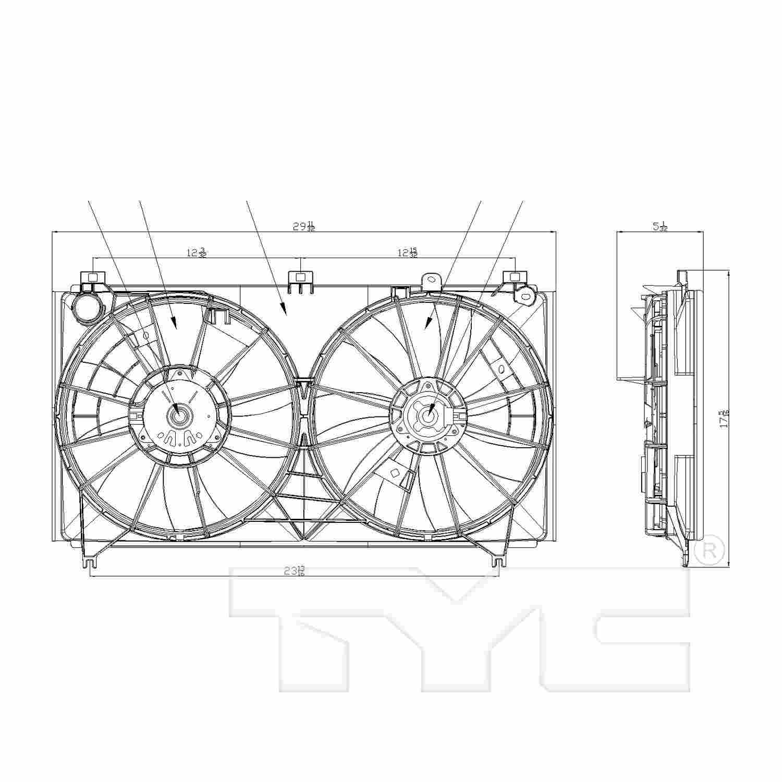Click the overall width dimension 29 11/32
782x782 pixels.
pyautogui.click(x=303, y=227)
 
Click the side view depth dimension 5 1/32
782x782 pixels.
pyautogui.click(x=659, y=227)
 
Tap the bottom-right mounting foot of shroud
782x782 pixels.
pyautogui.click(x=498, y=560)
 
